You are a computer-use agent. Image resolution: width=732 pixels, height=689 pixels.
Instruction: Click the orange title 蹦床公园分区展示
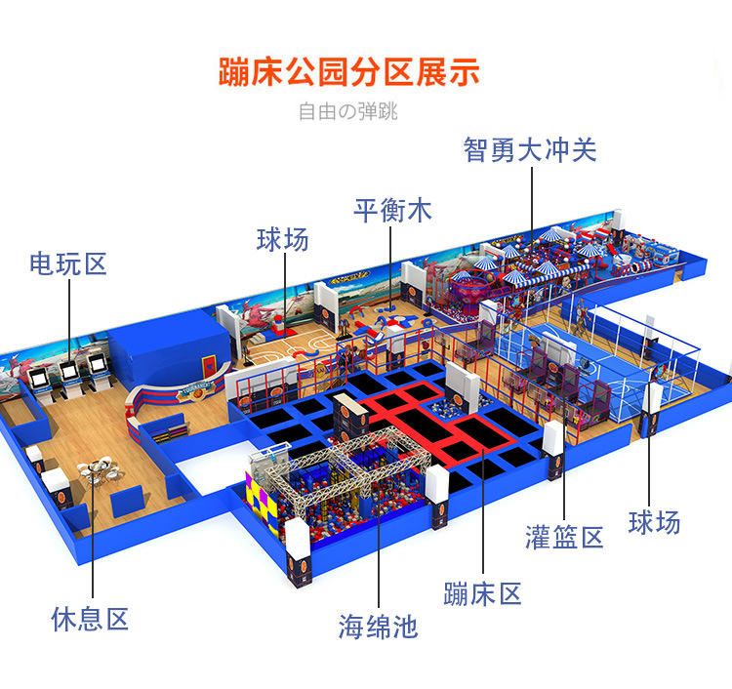pos(349,72)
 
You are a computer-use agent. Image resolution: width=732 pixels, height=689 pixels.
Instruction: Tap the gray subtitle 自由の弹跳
pos(348,111)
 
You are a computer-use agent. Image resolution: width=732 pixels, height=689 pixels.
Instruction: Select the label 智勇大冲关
pos(530,150)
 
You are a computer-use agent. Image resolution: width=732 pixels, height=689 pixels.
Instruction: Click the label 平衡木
pos(392,211)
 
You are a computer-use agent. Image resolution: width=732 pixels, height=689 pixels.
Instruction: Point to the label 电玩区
pos(68,263)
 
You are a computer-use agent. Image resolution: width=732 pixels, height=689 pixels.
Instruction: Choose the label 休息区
pos(90,619)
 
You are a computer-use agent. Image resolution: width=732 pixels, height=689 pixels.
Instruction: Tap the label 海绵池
pos(378,626)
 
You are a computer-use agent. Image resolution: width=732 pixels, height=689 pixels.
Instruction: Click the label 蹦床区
pos(482,593)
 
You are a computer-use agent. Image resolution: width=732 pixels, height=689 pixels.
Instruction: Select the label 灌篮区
pos(564,537)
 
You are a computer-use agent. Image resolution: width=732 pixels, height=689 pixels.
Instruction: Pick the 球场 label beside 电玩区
pos(283,239)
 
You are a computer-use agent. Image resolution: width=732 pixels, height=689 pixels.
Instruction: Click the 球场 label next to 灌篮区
pos(654,522)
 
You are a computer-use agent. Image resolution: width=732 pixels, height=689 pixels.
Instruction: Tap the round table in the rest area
pos(98,467)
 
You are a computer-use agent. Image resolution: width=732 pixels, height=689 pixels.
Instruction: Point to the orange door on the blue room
pos(209,366)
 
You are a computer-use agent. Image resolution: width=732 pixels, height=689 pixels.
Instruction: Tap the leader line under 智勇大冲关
pos(532,205)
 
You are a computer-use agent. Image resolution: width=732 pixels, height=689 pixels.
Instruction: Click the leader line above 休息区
pos(93,532)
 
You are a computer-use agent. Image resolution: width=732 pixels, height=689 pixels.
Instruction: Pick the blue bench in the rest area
pos(127,501)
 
